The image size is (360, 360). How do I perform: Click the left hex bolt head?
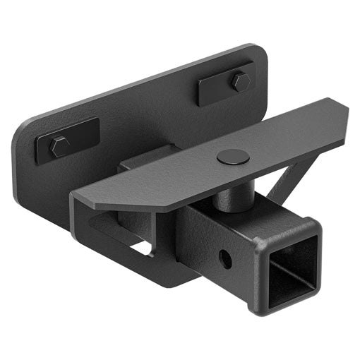coord(59,146)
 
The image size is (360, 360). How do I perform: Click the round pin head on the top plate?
coord(232,157)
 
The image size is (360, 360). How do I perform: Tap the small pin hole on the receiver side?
coord(224,258)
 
